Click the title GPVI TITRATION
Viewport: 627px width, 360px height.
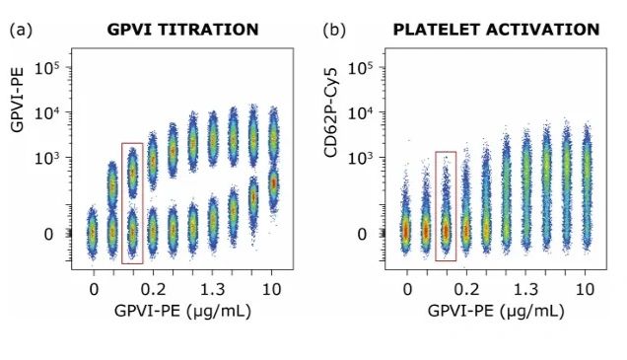[x=182, y=30]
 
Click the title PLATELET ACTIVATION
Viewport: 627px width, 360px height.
[x=496, y=30]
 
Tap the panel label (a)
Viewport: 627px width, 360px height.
[x=21, y=30]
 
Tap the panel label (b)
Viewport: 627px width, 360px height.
[x=334, y=30]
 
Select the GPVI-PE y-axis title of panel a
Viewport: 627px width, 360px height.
[x=17, y=100]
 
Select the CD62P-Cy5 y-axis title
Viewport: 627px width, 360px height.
[x=331, y=112]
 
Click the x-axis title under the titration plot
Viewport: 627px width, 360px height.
[x=182, y=311]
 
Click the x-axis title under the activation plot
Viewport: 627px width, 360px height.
[x=496, y=311]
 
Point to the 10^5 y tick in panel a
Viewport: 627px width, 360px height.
[x=47, y=68]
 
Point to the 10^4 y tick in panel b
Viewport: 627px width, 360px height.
[x=361, y=112]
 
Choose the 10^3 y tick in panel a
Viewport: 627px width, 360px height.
[x=47, y=158]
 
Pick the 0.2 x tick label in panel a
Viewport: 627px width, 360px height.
[x=153, y=289]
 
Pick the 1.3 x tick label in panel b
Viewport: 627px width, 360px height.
[x=525, y=289]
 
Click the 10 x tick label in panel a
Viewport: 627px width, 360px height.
[x=272, y=289]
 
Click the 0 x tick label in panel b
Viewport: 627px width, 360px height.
[x=407, y=289]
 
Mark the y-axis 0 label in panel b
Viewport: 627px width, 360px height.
[x=362, y=235]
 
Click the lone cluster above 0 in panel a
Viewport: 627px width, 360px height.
[x=93, y=233]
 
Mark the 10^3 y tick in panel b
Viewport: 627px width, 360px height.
[x=361, y=158]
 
